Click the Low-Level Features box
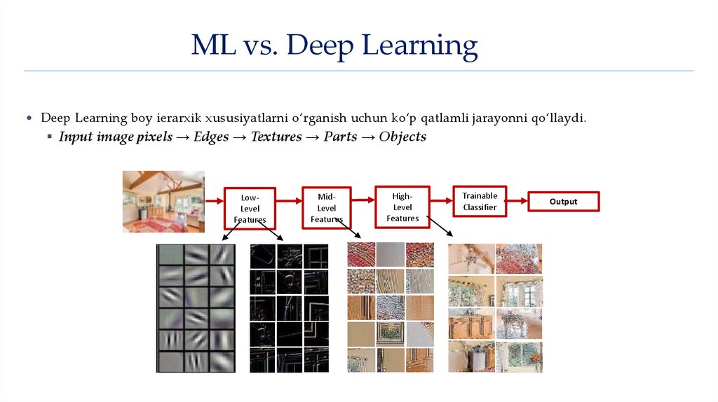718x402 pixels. click(250, 208)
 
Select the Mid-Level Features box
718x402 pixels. click(326, 207)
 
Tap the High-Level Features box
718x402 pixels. click(402, 207)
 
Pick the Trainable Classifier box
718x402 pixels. click(480, 202)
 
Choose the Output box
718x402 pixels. click(563, 202)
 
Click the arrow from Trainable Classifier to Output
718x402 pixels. click(517, 202)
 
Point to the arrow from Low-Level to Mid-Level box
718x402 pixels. click(288, 200)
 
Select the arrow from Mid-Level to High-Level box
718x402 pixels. click(363, 199)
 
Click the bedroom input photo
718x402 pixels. click(163, 201)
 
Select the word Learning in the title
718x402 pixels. click(419, 47)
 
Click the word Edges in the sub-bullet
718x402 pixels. click(211, 137)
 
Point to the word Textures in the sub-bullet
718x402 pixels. click(276, 137)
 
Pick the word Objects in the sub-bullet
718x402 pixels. click(402, 137)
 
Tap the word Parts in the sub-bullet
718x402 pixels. click(340, 137)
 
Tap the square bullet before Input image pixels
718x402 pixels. click(50, 137)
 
